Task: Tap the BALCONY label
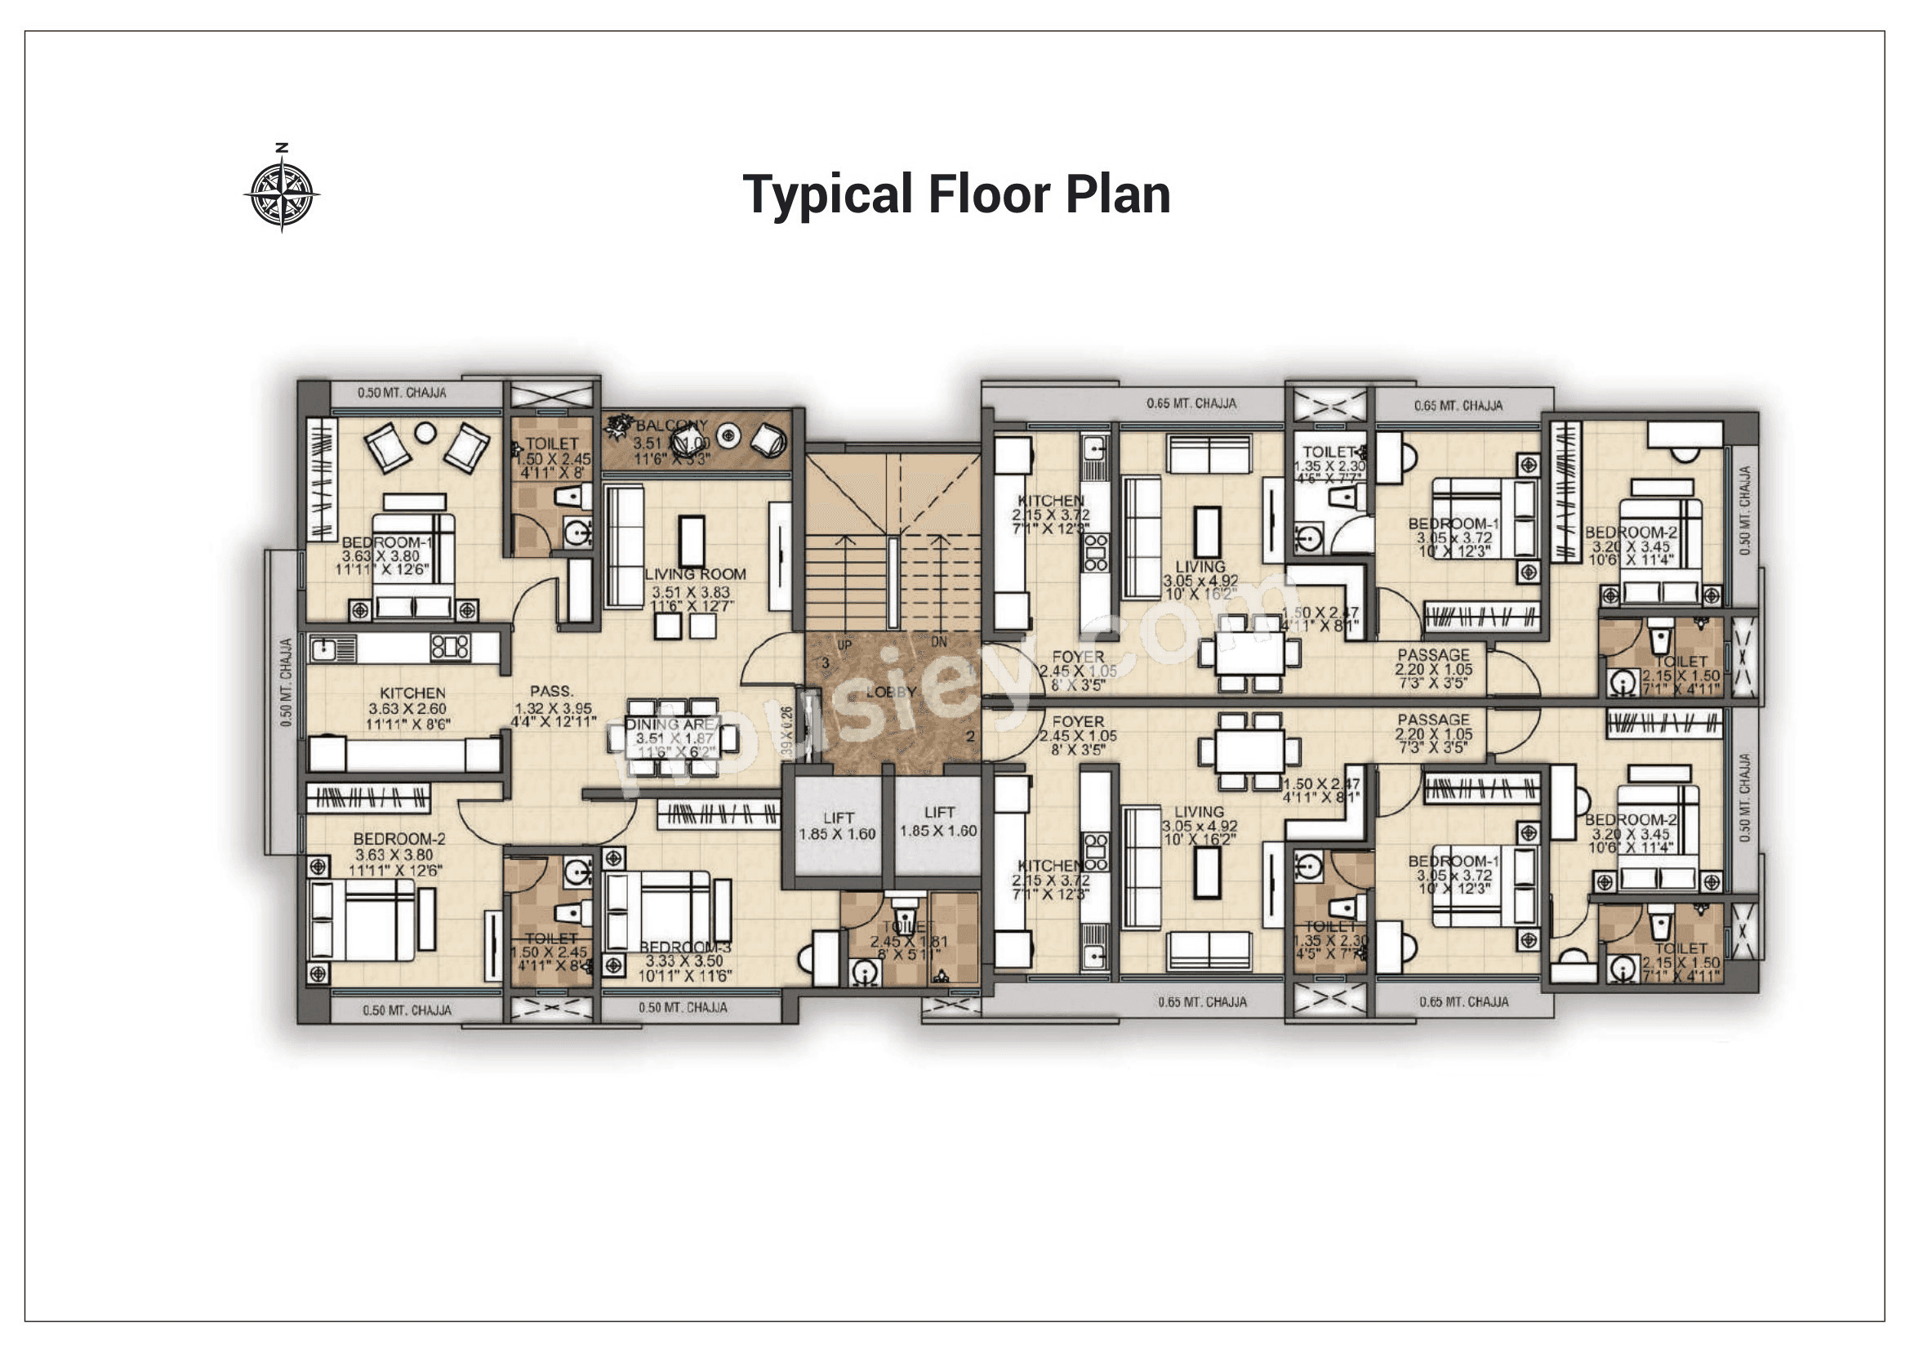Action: tap(672, 425)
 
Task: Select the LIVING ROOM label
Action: tap(696, 574)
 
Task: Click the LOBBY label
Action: tap(891, 691)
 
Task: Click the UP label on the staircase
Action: tap(844, 645)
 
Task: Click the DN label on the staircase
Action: tap(938, 642)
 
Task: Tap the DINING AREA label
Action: tap(672, 725)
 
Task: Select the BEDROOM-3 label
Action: tap(683, 947)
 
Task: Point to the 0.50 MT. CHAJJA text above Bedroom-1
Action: tap(402, 393)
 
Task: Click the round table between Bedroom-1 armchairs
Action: tap(425, 432)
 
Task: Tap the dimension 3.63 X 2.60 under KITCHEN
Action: tap(407, 709)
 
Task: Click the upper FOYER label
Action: tap(1078, 657)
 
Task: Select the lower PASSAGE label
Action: tap(1433, 720)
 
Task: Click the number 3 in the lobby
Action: tap(826, 663)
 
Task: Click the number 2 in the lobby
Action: tap(970, 736)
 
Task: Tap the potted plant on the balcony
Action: tap(619, 426)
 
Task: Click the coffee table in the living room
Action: tap(692, 541)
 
